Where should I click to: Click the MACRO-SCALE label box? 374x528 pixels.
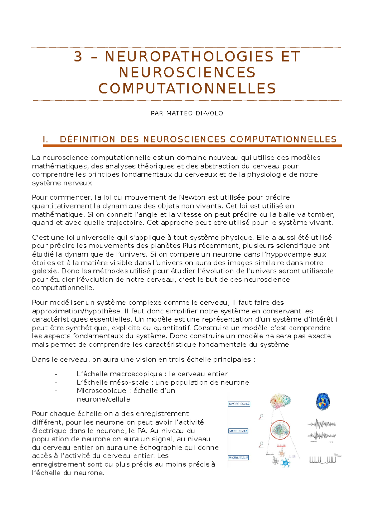point(239,404)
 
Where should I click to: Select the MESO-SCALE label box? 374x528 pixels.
point(238,431)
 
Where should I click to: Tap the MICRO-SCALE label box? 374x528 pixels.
point(238,458)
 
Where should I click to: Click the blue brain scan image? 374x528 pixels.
point(323,401)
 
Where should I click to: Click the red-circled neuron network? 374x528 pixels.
point(280,430)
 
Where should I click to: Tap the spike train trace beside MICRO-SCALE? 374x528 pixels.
point(323,460)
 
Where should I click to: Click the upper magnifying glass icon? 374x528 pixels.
point(261,417)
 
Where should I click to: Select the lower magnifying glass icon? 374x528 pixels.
point(261,444)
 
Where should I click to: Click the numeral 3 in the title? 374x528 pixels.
point(78,57)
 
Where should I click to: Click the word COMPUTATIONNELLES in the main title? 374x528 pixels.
point(187,89)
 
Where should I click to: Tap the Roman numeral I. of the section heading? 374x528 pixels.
point(46,139)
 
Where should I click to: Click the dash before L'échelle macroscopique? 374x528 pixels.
point(56,374)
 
